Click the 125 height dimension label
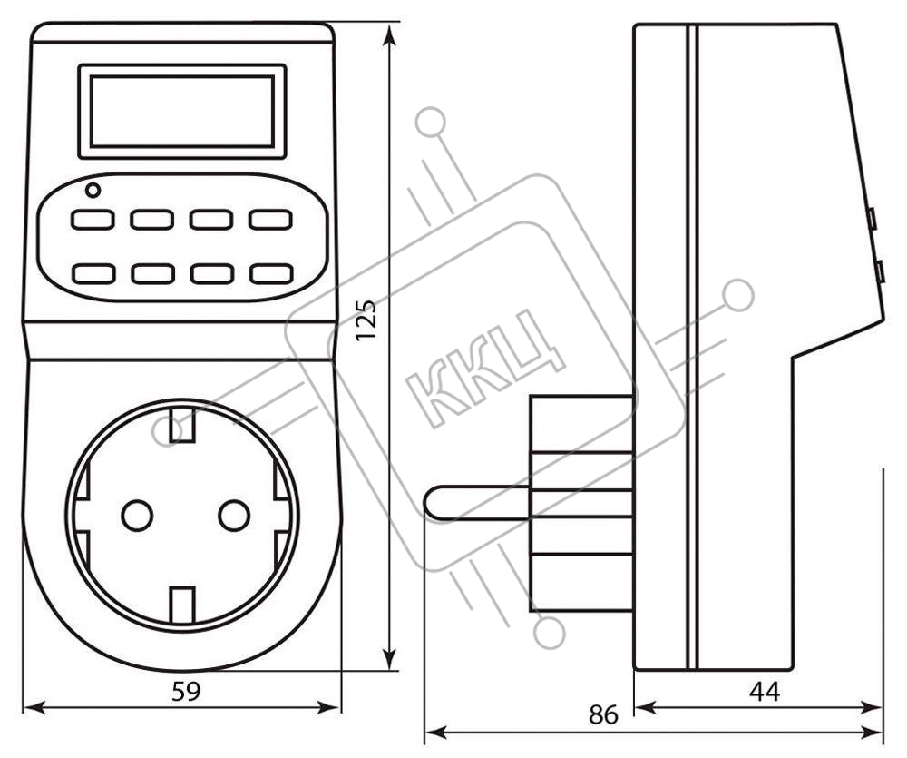click(x=366, y=320)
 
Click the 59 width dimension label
click(x=186, y=692)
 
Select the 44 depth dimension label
click(x=764, y=692)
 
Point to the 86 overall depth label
click(x=603, y=715)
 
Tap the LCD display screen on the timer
click(x=182, y=111)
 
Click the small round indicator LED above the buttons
click(x=93, y=190)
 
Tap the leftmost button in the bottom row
click(x=93, y=274)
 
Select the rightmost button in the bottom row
click(x=270, y=274)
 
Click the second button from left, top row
click(x=152, y=220)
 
